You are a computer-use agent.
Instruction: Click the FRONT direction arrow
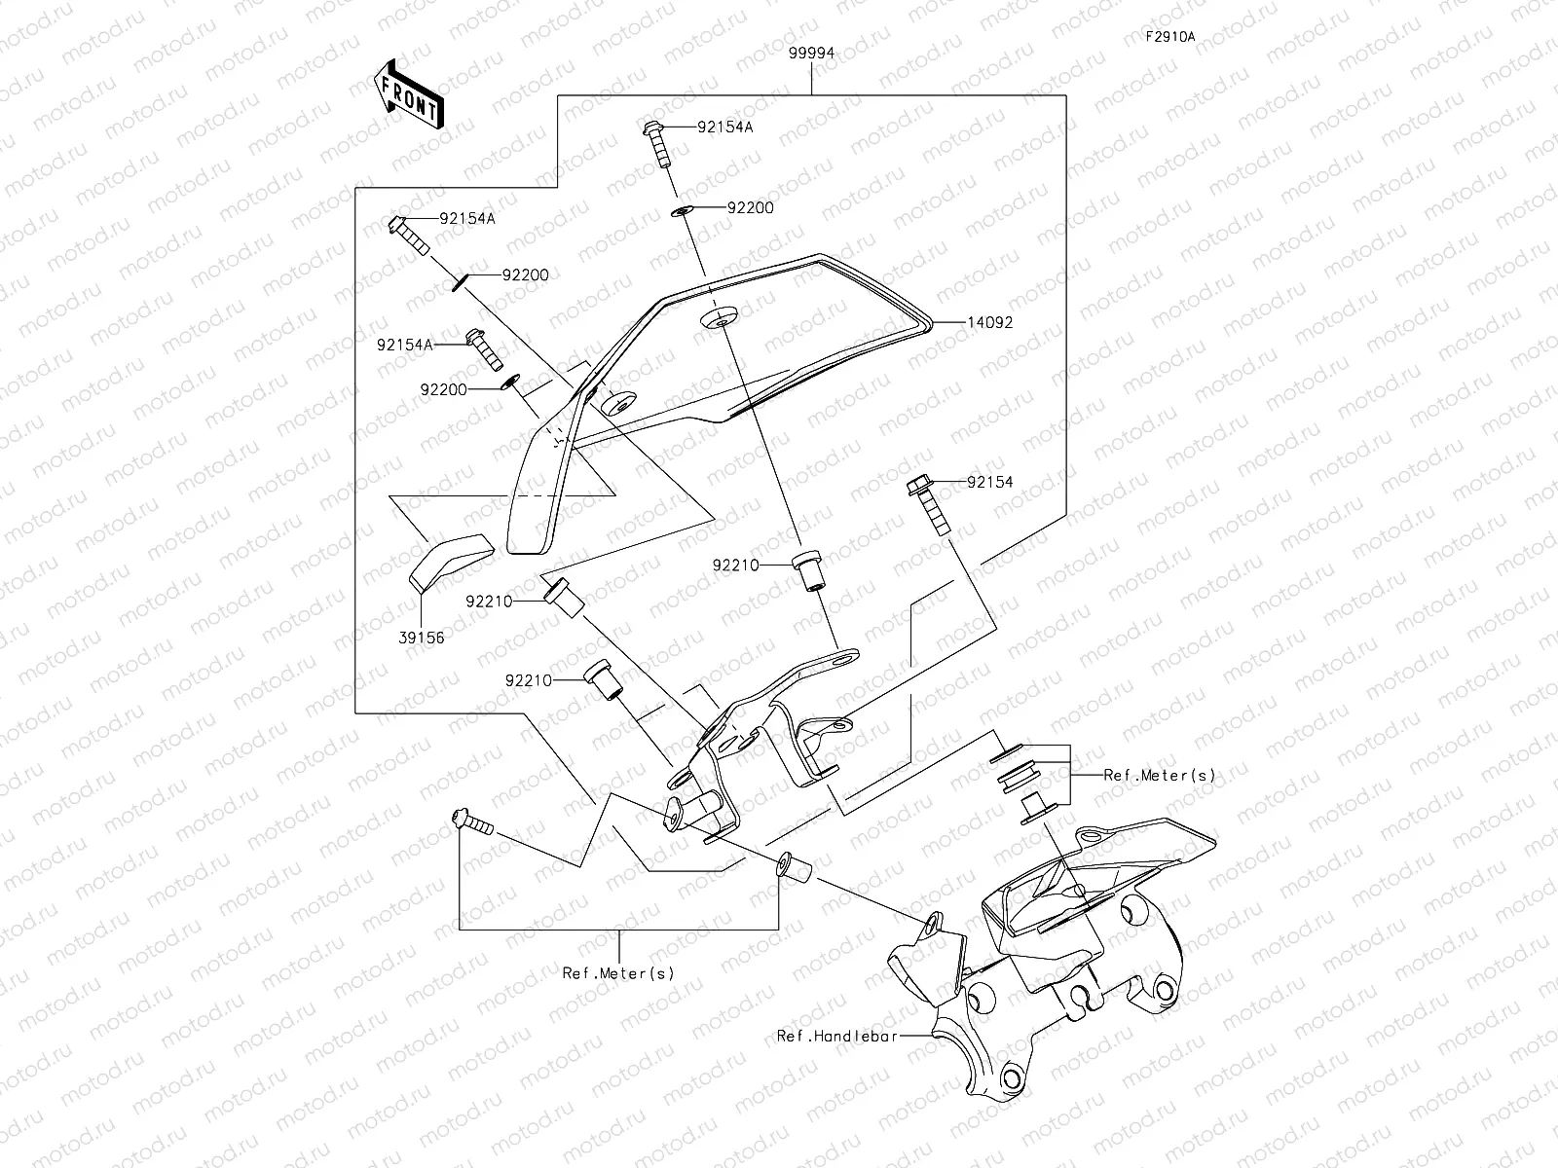click(x=409, y=94)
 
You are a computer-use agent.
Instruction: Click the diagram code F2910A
click(x=1170, y=37)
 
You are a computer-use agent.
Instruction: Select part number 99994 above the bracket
click(x=811, y=54)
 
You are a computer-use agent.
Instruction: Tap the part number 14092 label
click(x=990, y=322)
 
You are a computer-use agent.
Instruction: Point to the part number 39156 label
click(x=422, y=638)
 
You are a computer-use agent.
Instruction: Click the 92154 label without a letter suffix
click(x=990, y=482)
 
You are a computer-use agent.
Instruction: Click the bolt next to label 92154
click(x=929, y=505)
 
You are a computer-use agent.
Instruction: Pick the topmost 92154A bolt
click(x=657, y=145)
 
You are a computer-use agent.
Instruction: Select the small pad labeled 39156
click(x=452, y=563)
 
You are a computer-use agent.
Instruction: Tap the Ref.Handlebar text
click(x=837, y=1036)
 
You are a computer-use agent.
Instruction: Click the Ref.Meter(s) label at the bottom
click(x=618, y=973)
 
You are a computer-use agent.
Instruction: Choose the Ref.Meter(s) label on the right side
click(x=1160, y=775)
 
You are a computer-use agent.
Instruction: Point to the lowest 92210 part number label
click(x=528, y=680)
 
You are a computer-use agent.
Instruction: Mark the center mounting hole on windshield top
click(x=719, y=318)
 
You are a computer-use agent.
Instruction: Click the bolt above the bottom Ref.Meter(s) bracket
click(x=472, y=821)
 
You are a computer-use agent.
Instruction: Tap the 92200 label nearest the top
click(x=750, y=207)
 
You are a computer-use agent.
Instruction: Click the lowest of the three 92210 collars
click(x=604, y=680)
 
